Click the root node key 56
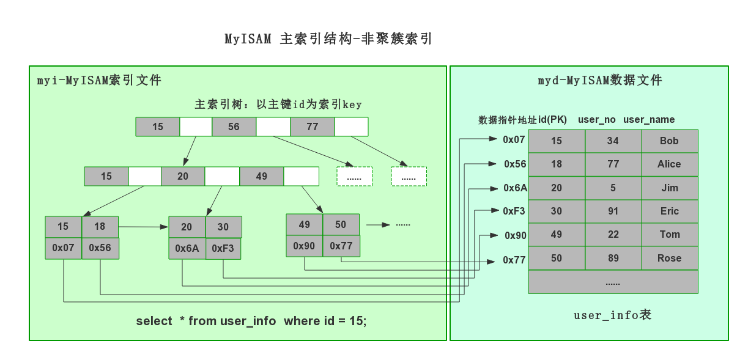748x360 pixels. (x=234, y=127)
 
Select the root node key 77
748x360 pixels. (x=312, y=127)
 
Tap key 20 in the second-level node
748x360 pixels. (x=183, y=176)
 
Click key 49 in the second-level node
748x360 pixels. (x=261, y=176)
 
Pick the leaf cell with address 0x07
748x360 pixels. (x=63, y=248)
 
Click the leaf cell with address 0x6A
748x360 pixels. (x=187, y=249)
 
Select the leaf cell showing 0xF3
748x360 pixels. (x=223, y=249)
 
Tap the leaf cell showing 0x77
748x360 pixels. (x=341, y=246)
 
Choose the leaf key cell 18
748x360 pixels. (x=100, y=226)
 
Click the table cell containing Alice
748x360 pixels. (x=669, y=164)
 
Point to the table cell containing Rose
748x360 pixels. (x=669, y=258)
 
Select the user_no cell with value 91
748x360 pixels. (x=613, y=211)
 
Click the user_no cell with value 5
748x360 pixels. (x=613, y=188)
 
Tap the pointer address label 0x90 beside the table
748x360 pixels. (x=516, y=235)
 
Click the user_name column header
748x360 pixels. (x=649, y=120)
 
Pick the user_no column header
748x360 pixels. (x=596, y=120)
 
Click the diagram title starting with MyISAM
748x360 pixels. (x=328, y=39)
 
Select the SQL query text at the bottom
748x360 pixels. (x=251, y=321)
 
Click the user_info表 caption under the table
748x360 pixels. (x=612, y=315)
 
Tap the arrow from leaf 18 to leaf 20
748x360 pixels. (x=143, y=227)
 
